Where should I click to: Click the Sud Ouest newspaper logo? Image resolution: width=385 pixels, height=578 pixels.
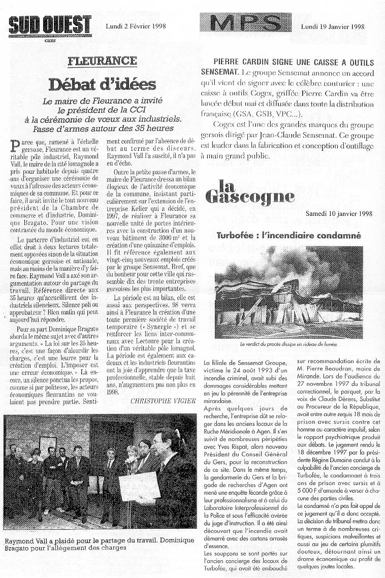coord(50,24)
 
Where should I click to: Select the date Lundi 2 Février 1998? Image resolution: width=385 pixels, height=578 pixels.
coord(136,26)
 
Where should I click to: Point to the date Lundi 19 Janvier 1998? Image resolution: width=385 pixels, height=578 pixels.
coord(333,26)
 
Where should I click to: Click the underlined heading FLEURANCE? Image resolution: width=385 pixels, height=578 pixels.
coord(102,61)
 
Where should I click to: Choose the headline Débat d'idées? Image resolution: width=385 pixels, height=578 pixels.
coord(102,84)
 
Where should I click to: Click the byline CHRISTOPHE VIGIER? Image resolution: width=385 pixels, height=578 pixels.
coord(162,400)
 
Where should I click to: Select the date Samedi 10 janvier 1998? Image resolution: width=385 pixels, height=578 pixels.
coord(339,213)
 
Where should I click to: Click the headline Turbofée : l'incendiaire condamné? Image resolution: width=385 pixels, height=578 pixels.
coord(288,236)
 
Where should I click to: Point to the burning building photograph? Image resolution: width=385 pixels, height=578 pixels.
coord(288,293)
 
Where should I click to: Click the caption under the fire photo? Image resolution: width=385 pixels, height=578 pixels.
coord(288,344)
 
